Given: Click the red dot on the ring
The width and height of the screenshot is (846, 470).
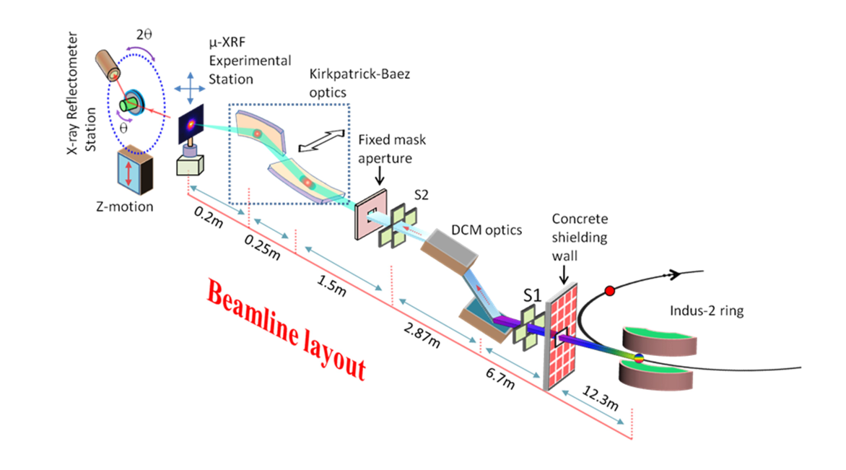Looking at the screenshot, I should (x=610, y=291).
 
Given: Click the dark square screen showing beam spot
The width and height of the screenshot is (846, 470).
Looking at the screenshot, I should (x=191, y=126).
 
